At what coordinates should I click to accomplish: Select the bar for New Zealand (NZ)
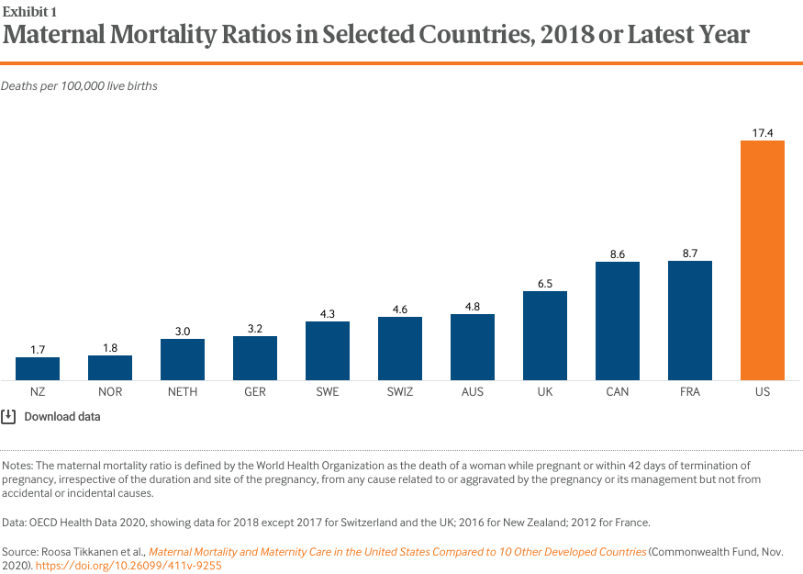pyautogui.click(x=38, y=368)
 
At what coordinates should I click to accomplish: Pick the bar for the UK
pyautogui.click(x=545, y=335)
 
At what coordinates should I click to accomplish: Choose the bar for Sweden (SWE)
pyautogui.click(x=328, y=350)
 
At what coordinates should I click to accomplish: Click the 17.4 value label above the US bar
pyautogui.click(x=762, y=133)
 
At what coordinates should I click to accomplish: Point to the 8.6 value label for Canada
pyautogui.click(x=618, y=254)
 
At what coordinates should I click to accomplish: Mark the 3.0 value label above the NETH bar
pyautogui.click(x=183, y=332)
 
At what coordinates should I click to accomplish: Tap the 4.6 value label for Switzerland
pyautogui.click(x=400, y=310)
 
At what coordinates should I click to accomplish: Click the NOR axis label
pyautogui.click(x=110, y=392)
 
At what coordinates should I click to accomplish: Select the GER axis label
pyautogui.click(x=255, y=392)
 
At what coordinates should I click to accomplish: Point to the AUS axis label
pyautogui.click(x=473, y=392)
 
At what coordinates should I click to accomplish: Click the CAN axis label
pyautogui.click(x=618, y=392)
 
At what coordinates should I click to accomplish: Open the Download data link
pyautogui.click(x=62, y=417)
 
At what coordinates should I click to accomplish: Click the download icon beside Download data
pyautogui.click(x=8, y=417)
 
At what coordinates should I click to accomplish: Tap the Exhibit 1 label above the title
pyautogui.click(x=29, y=10)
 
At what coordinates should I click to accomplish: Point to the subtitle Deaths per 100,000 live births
pyautogui.click(x=79, y=86)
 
